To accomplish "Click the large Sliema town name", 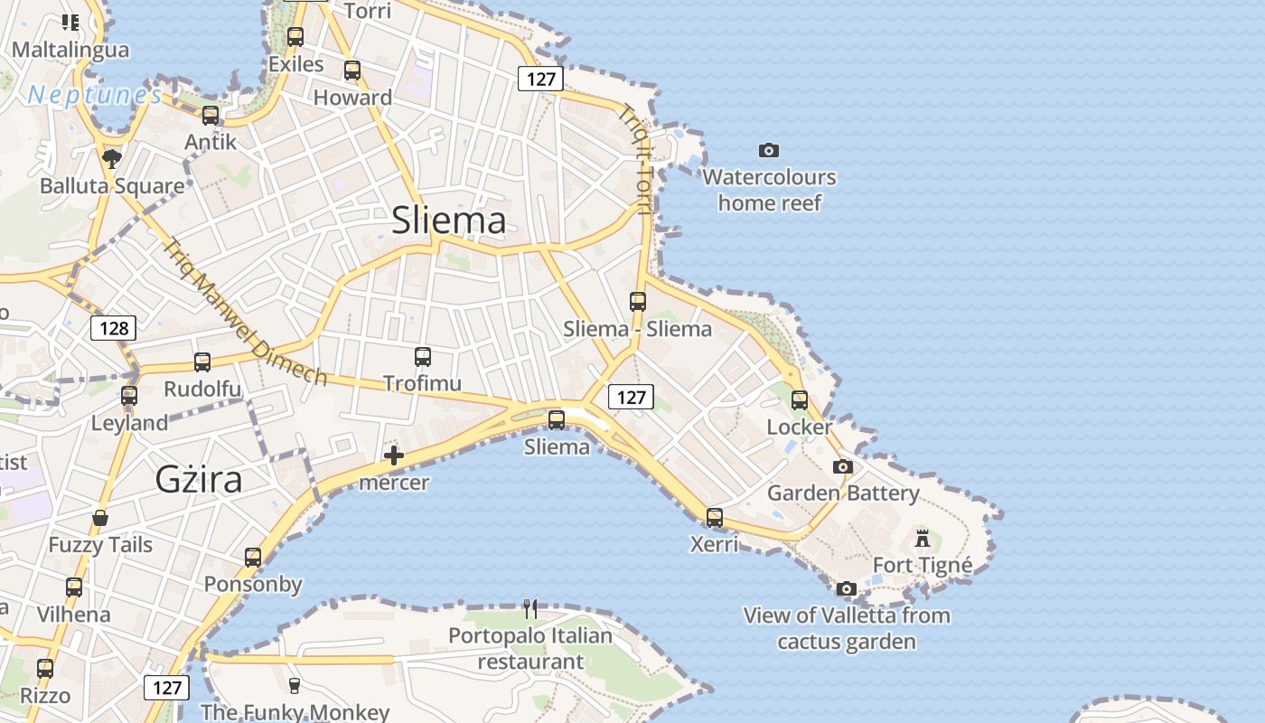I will [x=448, y=221].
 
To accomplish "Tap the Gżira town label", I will [x=199, y=479].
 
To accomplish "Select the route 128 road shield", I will [x=114, y=327].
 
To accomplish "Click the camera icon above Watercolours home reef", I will [x=769, y=150].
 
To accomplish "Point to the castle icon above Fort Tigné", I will [x=923, y=539].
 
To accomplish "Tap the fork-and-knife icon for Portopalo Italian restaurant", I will [x=530, y=609].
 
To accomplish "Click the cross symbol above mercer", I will [x=394, y=455].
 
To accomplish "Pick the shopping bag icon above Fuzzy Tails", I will [x=100, y=519].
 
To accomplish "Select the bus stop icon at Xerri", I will [x=715, y=518].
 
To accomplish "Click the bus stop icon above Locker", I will [x=800, y=400].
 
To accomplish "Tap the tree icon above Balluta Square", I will [x=112, y=160].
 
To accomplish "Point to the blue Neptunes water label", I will [x=95, y=94].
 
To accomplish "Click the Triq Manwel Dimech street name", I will [x=245, y=312].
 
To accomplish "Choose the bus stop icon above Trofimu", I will [x=423, y=357].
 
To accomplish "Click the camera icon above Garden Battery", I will [x=843, y=467].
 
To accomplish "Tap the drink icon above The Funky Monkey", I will [x=294, y=685].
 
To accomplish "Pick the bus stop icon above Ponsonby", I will [x=253, y=558].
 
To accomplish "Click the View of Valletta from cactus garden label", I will [x=847, y=629].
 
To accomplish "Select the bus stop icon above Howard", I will [x=352, y=70].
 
